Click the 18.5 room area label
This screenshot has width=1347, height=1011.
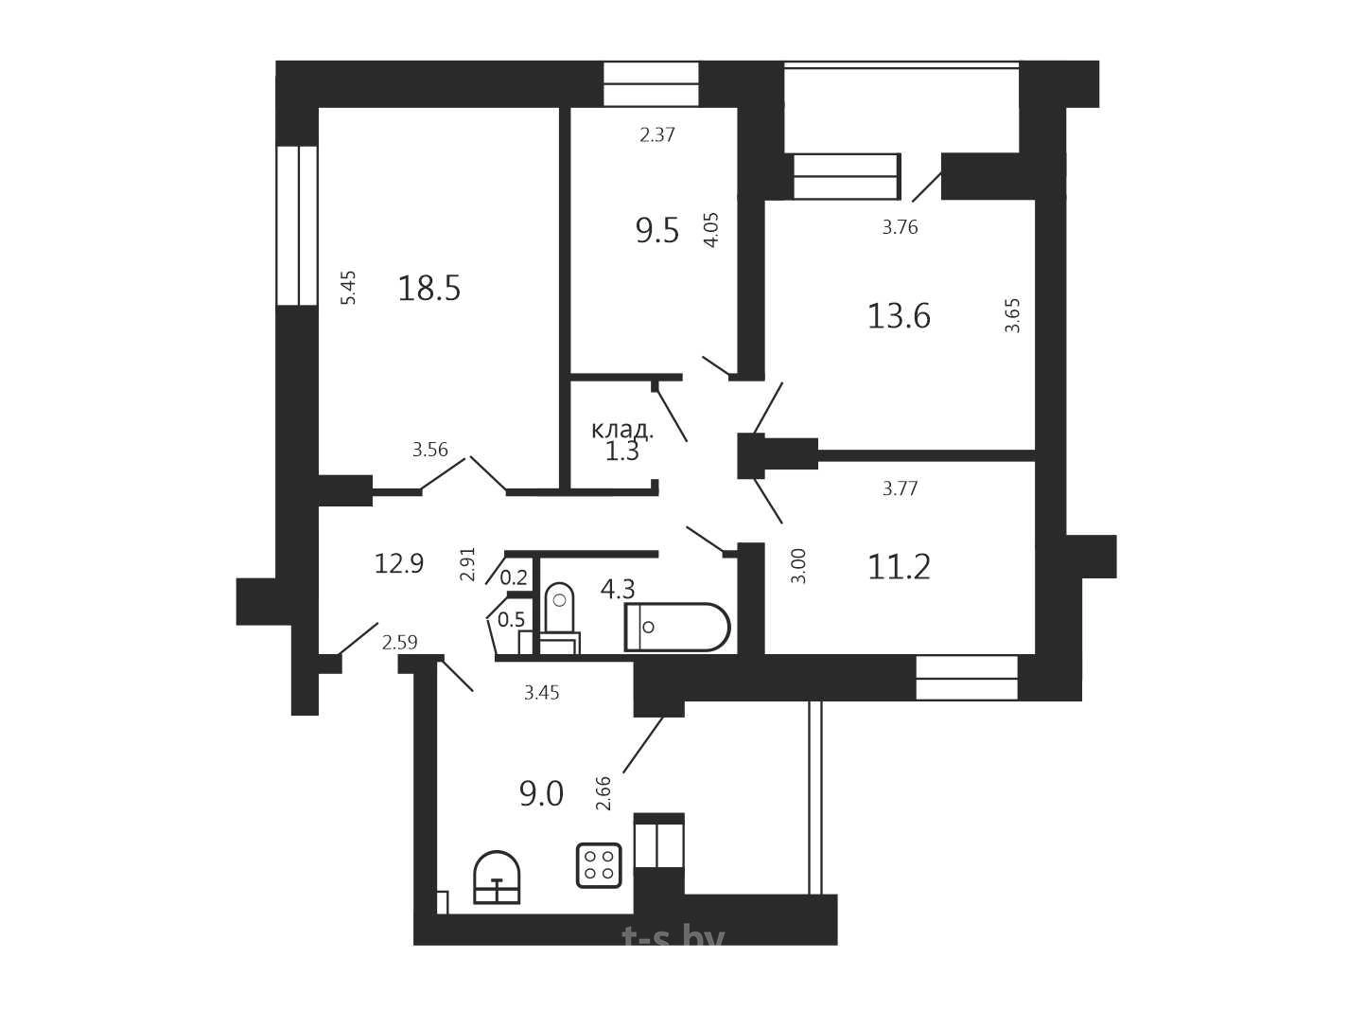(x=429, y=288)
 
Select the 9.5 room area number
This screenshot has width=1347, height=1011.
(x=657, y=231)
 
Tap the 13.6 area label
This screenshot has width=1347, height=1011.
(x=899, y=316)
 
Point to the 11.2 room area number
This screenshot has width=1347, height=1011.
(x=899, y=567)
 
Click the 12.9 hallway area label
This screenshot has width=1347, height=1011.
(x=399, y=563)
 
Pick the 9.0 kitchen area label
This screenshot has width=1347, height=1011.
(x=541, y=794)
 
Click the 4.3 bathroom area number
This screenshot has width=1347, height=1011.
(x=618, y=590)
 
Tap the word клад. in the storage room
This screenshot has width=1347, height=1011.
(x=622, y=431)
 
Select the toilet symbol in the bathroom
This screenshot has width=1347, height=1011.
(x=559, y=618)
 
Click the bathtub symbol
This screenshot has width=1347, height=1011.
(x=677, y=628)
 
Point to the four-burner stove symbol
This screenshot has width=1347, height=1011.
(x=599, y=865)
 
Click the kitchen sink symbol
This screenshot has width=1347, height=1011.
(x=497, y=878)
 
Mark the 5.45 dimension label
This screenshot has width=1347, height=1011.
(x=348, y=288)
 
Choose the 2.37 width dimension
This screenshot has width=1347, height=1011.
(x=657, y=134)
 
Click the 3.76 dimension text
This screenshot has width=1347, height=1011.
(x=900, y=227)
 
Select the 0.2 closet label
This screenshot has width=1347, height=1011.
(x=514, y=577)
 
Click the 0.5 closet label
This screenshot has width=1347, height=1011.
(x=511, y=619)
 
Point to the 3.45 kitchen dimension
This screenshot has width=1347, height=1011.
(x=541, y=693)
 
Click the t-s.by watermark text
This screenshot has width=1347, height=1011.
(x=673, y=938)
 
